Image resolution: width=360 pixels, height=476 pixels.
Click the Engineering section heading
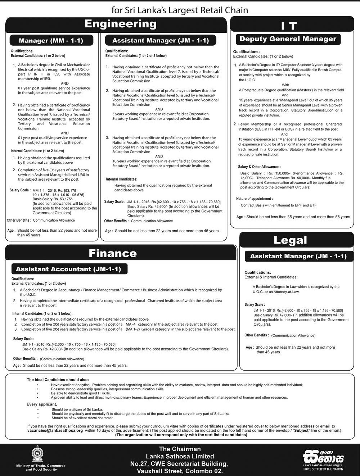[120, 24]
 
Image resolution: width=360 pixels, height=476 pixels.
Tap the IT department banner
[288, 26]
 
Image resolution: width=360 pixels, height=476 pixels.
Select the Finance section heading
[113, 253]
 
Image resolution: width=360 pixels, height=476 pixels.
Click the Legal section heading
[290, 240]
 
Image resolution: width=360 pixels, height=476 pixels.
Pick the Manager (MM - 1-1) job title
[51, 40]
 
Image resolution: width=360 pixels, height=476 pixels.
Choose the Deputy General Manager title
[288, 39]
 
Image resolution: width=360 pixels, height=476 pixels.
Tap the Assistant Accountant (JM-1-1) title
[68, 269]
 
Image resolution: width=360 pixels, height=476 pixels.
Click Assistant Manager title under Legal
[298, 256]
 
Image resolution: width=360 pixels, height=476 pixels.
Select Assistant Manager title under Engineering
[160, 40]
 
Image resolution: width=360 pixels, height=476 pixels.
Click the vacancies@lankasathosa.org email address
[55, 430]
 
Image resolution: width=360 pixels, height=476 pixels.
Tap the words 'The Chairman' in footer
[180, 449]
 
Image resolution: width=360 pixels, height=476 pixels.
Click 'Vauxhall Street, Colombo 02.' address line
[180, 471]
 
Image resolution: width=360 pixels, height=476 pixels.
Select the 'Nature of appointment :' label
[255, 199]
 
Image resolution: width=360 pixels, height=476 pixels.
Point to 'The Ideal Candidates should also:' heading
[58, 380]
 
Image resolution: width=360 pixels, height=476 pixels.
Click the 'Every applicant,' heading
[42, 404]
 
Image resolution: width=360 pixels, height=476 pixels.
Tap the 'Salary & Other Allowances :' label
[260, 167]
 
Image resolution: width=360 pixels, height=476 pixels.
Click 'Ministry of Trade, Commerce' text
[41, 466]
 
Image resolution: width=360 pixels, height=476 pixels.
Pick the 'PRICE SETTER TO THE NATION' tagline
[323, 469]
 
